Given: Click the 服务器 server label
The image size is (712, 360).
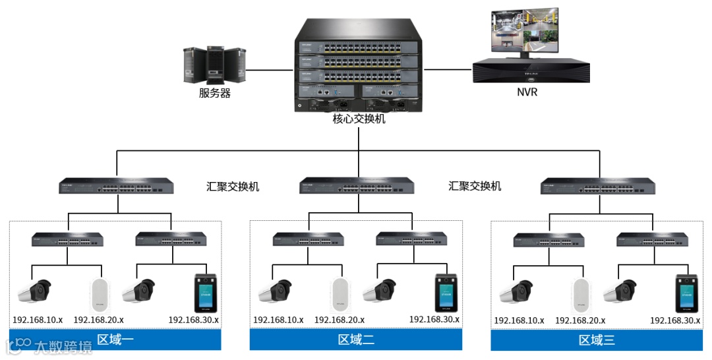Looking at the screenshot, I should [x=215, y=94].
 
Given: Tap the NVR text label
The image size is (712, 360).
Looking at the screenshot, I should [x=527, y=92].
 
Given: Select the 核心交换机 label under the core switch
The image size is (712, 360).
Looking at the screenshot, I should [x=359, y=119].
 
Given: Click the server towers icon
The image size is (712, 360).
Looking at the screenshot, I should [x=214, y=65].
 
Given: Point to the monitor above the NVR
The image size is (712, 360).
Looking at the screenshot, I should [x=525, y=32].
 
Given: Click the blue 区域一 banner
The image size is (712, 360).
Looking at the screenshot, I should [x=115, y=340].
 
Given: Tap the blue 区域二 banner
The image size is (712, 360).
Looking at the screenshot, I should [x=356, y=340].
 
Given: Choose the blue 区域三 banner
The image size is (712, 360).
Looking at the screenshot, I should [x=597, y=340].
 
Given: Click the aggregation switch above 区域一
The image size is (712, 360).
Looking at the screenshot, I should [x=117, y=187].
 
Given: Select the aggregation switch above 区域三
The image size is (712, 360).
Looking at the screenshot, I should [x=597, y=187].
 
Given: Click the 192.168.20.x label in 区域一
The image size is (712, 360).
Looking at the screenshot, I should [x=99, y=320].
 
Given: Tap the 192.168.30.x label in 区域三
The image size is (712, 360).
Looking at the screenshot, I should [x=675, y=320].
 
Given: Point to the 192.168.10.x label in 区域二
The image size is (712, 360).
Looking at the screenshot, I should [x=278, y=320].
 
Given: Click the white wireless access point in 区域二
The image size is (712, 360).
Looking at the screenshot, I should [x=340, y=294].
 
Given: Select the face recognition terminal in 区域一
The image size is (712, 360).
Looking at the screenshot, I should [x=204, y=291].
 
